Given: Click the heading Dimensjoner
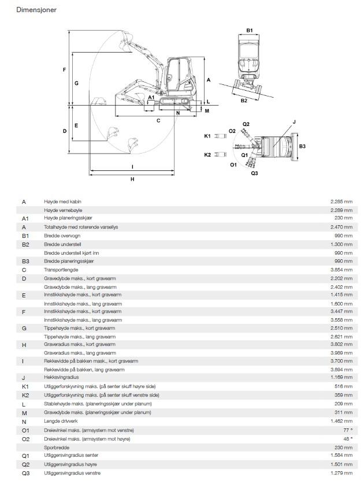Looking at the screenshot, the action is (36, 10).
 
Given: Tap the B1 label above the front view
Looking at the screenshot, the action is (250, 31).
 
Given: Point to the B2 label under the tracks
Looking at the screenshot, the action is (244, 100).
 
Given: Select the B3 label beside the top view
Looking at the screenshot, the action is (302, 146).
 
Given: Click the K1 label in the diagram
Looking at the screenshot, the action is (207, 136).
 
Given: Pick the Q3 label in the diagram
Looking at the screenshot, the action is (254, 173).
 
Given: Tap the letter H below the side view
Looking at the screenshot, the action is (132, 179).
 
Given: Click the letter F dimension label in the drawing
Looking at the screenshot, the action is (65, 70).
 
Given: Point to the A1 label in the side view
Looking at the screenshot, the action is (151, 97).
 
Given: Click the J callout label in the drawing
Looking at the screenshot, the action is (294, 122).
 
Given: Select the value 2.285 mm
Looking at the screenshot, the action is (341, 202).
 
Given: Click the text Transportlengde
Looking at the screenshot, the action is (61, 270).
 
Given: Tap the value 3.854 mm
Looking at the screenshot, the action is (341, 270).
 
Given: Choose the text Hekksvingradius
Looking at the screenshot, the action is (61, 377).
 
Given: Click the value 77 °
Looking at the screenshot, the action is (348, 430).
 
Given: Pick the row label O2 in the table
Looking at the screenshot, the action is (26, 439).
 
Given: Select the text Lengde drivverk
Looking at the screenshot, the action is (61, 421).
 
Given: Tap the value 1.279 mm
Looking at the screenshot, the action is (341, 473).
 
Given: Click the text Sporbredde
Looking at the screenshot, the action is (57, 448).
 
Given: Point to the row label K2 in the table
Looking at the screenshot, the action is (25, 396).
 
